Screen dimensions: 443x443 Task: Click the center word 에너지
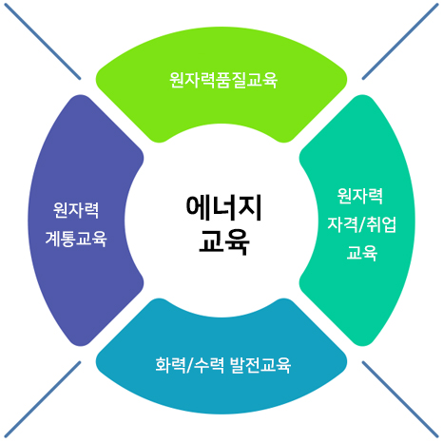[x=223, y=207]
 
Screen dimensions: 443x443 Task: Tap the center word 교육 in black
[x=224, y=241]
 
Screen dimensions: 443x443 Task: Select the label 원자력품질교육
[x=223, y=80]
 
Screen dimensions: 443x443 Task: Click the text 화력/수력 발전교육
[x=222, y=365]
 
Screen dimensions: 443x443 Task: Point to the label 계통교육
[x=76, y=239]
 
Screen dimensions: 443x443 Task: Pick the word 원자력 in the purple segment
[x=76, y=210]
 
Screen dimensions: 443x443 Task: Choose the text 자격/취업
[x=361, y=224]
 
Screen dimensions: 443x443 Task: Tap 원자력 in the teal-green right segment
[x=360, y=196]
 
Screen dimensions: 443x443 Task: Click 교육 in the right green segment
[x=362, y=253]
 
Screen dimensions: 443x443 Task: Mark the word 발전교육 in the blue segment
[x=260, y=365]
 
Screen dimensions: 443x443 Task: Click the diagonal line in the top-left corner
[x=43, y=41]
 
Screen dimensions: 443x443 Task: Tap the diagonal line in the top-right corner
[x=400, y=41]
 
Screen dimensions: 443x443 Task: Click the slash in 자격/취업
[x=362, y=225]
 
